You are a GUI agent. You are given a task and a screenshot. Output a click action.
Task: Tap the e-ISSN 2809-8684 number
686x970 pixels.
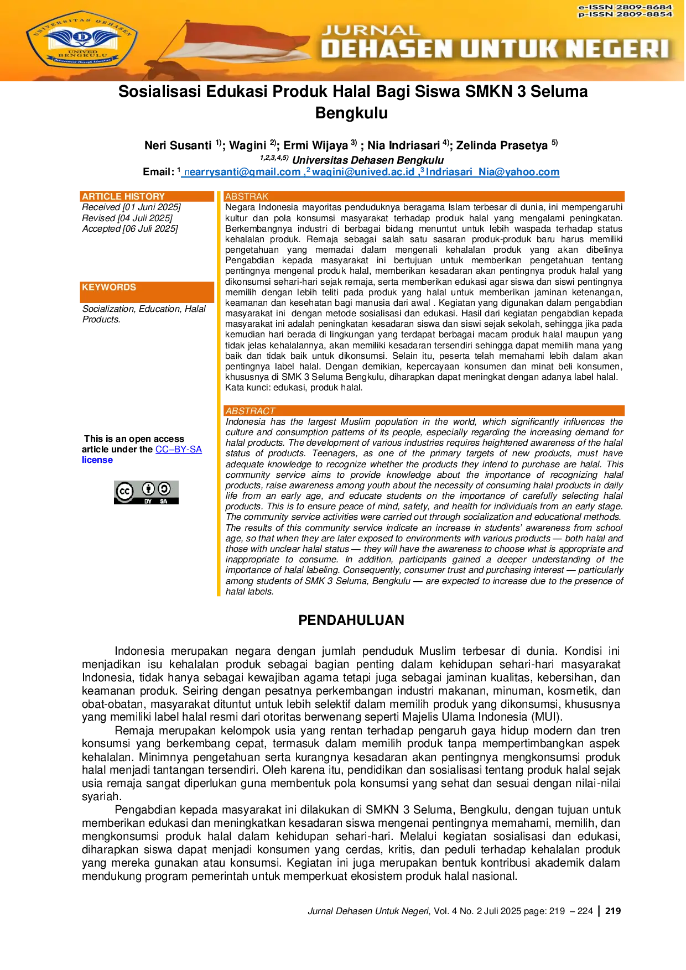625,7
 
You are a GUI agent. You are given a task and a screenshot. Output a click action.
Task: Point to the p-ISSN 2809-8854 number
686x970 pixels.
625,14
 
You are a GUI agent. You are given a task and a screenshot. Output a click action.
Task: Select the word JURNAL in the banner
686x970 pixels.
371,31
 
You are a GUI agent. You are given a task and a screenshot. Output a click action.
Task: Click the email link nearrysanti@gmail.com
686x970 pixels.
242,172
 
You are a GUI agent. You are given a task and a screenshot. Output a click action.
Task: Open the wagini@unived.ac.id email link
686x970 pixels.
363,172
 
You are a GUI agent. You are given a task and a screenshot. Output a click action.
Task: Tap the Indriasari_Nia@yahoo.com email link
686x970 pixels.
492,172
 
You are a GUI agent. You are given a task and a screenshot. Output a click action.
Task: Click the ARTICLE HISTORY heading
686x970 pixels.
123,196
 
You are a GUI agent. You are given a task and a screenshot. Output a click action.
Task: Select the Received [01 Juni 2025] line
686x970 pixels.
132,207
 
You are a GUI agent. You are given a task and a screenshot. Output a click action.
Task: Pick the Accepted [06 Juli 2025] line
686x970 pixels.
130,229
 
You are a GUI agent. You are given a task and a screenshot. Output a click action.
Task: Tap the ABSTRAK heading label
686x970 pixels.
247,196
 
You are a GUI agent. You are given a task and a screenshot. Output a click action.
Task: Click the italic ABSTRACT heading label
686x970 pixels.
250,411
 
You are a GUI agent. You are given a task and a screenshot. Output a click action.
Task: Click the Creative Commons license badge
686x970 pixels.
147,492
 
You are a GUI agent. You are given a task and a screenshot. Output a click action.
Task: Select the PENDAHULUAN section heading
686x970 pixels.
351,620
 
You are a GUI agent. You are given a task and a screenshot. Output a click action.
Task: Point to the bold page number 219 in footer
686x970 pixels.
613,911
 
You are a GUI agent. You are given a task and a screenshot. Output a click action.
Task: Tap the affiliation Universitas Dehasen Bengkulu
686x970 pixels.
368,160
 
